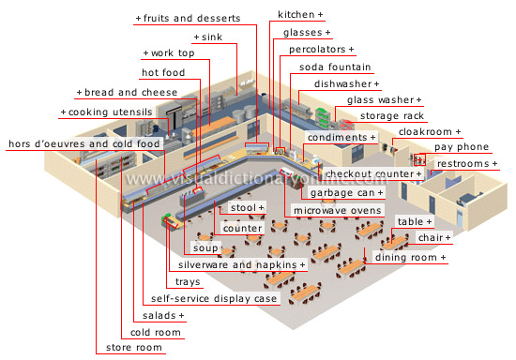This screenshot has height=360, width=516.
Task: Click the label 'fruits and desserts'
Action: (x=190, y=18)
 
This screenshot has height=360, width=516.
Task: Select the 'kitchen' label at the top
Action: (x=299, y=15)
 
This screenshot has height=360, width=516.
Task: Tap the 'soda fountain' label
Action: (x=335, y=67)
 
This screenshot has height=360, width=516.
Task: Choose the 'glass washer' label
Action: (x=383, y=99)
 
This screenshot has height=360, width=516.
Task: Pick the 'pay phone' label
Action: (x=460, y=147)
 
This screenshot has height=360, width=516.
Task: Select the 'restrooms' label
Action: (x=467, y=163)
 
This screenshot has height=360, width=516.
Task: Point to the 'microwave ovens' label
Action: (x=337, y=210)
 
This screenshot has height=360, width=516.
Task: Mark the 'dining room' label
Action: (x=410, y=257)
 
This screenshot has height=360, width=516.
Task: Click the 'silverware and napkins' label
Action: (x=242, y=265)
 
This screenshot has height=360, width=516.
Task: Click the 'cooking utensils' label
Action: (x=106, y=112)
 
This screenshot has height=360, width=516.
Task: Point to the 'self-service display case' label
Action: (x=213, y=299)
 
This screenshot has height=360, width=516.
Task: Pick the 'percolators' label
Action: (x=321, y=48)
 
